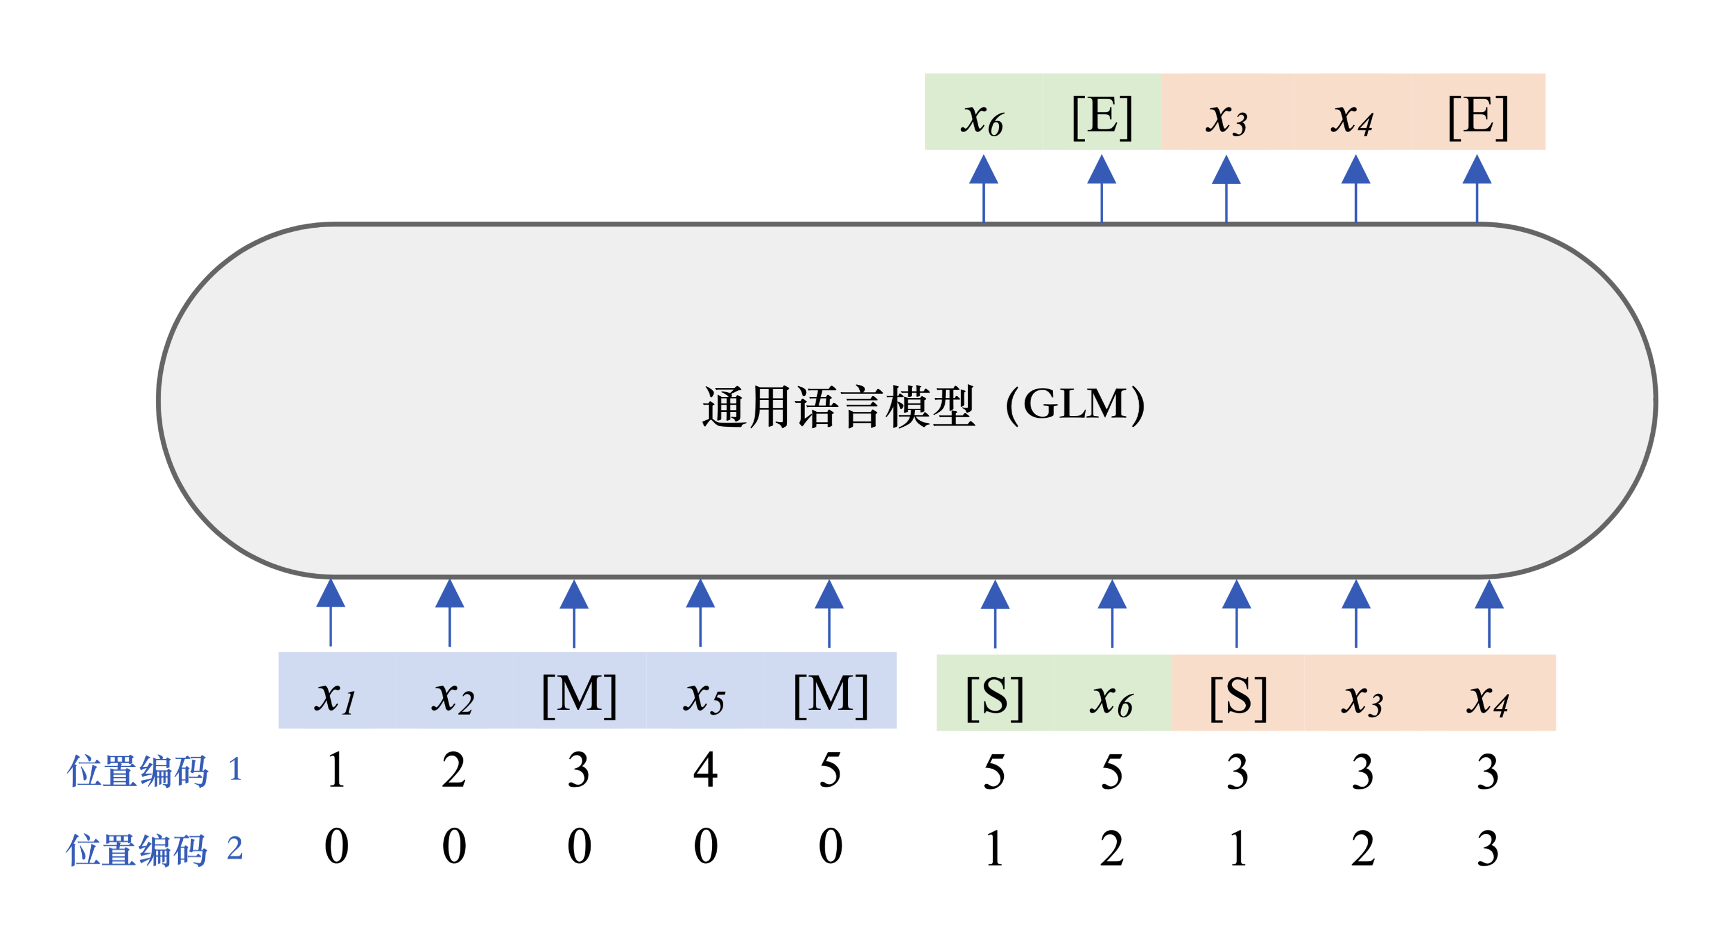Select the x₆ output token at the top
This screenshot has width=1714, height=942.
[982, 117]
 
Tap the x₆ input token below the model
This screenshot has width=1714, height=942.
[1111, 698]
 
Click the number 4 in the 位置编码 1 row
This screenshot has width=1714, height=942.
[705, 770]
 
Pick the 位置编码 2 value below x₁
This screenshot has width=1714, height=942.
[336, 846]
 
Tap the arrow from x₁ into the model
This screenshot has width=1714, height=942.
[331, 613]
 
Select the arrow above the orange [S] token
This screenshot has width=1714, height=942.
[1236, 613]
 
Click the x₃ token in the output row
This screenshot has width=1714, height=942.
[1226, 117]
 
